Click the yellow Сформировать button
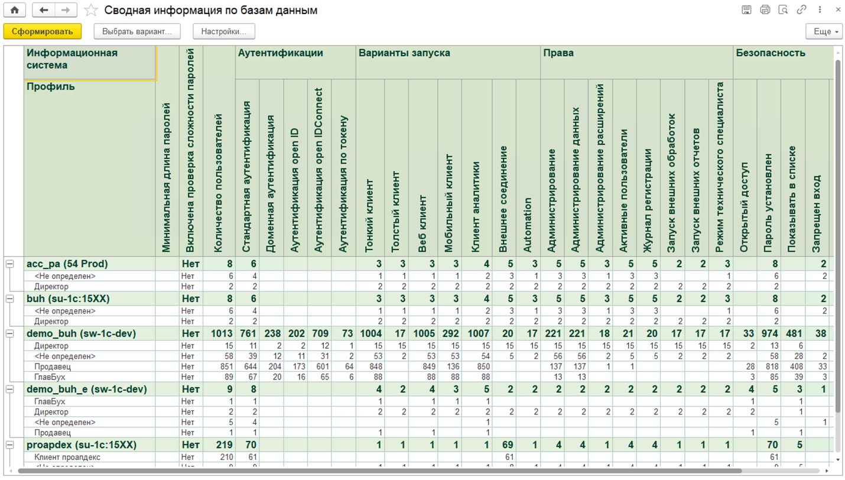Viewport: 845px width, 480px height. click(x=43, y=31)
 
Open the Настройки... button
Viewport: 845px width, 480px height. click(x=224, y=31)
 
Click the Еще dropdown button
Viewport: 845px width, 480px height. click(x=824, y=31)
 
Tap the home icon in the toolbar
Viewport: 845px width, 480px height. click(x=15, y=10)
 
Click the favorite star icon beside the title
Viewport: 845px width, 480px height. click(x=91, y=10)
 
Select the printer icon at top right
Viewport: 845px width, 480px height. click(x=765, y=10)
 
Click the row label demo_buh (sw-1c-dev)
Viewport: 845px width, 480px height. click(x=81, y=333)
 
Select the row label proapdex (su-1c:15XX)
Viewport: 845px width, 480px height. click(x=81, y=445)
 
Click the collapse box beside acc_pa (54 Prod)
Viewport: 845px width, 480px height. click(x=10, y=264)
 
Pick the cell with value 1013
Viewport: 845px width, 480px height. click(x=222, y=333)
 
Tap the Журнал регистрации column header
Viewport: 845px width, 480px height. click(x=648, y=201)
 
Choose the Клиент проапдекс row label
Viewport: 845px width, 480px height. click(x=67, y=457)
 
